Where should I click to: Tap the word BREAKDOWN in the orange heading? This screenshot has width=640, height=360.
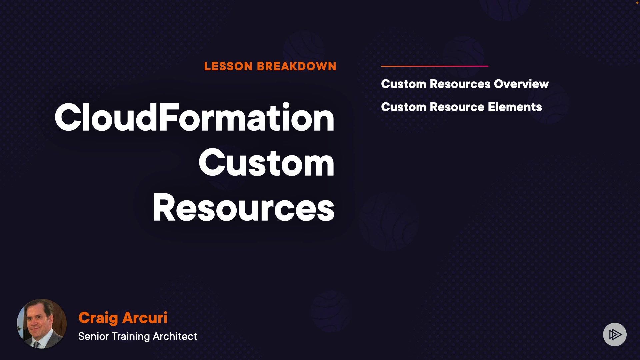point(297,66)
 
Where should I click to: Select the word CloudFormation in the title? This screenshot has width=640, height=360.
point(194,117)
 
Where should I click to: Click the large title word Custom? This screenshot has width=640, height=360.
point(266,163)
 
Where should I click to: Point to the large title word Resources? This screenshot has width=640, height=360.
point(243,207)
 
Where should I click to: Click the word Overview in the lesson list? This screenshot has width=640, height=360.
point(521,84)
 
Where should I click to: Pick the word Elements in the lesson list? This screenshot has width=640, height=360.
point(515,107)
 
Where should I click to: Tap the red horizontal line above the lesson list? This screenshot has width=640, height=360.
point(435,66)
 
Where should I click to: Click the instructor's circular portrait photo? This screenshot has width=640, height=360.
point(42,324)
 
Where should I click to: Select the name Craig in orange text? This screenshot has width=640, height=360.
point(98,318)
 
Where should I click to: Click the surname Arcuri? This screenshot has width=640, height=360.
point(145,318)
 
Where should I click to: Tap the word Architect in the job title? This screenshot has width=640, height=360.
point(175,336)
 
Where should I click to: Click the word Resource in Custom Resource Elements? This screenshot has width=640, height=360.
point(457,107)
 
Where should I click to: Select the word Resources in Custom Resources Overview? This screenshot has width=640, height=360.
point(460,84)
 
